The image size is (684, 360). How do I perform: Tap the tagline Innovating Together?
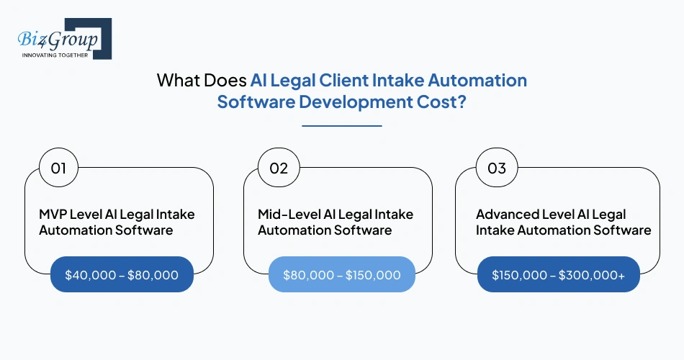click(x=55, y=55)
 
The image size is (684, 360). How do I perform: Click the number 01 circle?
click(x=59, y=168)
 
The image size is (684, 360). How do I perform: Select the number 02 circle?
click(x=279, y=168)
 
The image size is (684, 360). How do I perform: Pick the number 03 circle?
click(x=497, y=168)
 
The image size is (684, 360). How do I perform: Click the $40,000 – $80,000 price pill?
click(x=122, y=274)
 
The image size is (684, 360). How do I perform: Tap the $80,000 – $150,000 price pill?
click(x=341, y=274)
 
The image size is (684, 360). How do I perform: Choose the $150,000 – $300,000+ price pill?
click(x=559, y=274)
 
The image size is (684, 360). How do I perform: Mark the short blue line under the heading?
click(x=341, y=126)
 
